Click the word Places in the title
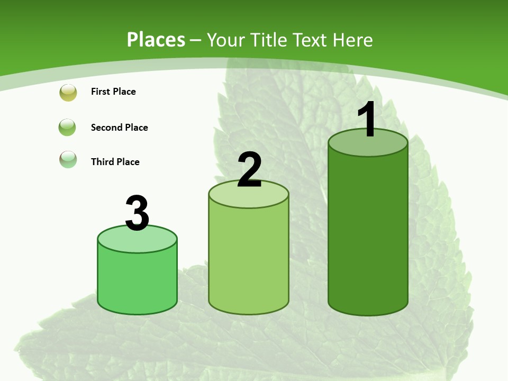coord(156,40)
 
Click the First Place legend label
coord(113,92)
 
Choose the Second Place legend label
coord(119,128)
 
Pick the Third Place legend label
coord(115,162)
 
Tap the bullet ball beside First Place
coord(68,93)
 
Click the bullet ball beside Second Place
coord(67,127)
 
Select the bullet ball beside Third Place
coord(68,159)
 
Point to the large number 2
coord(249,170)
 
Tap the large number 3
coord(137,213)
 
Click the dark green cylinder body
coord(368,233)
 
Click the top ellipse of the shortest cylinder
coord(137,241)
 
